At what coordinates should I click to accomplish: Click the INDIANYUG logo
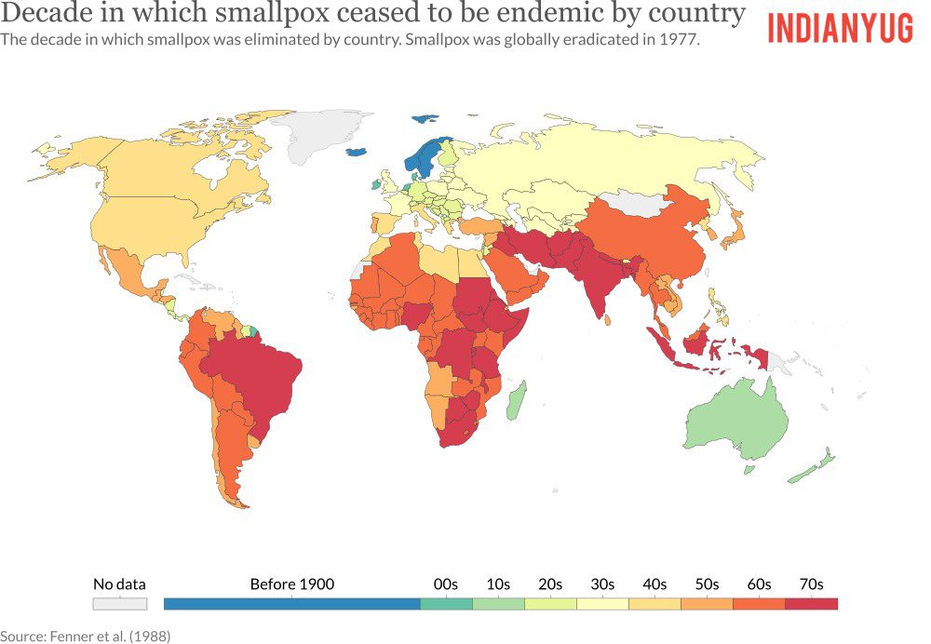pyautogui.click(x=840, y=28)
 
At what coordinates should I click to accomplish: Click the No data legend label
pyautogui.click(x=119, y=584)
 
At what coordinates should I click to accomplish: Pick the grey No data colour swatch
pyautogui.click(x=119, y=604)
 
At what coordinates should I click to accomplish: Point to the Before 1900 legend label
pyautogui.click(x=291, y=584)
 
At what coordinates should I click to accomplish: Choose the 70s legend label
pyautogui.click(x=811, y=584)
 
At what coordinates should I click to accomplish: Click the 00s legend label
pyautogui.click(x=446, y=584)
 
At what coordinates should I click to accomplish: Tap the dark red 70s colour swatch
pyautogui.click(x=811, y=604)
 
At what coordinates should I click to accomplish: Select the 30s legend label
pyautogui.click(x=602, y=584)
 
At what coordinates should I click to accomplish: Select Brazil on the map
pyautogui.click(x=251, y=372)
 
